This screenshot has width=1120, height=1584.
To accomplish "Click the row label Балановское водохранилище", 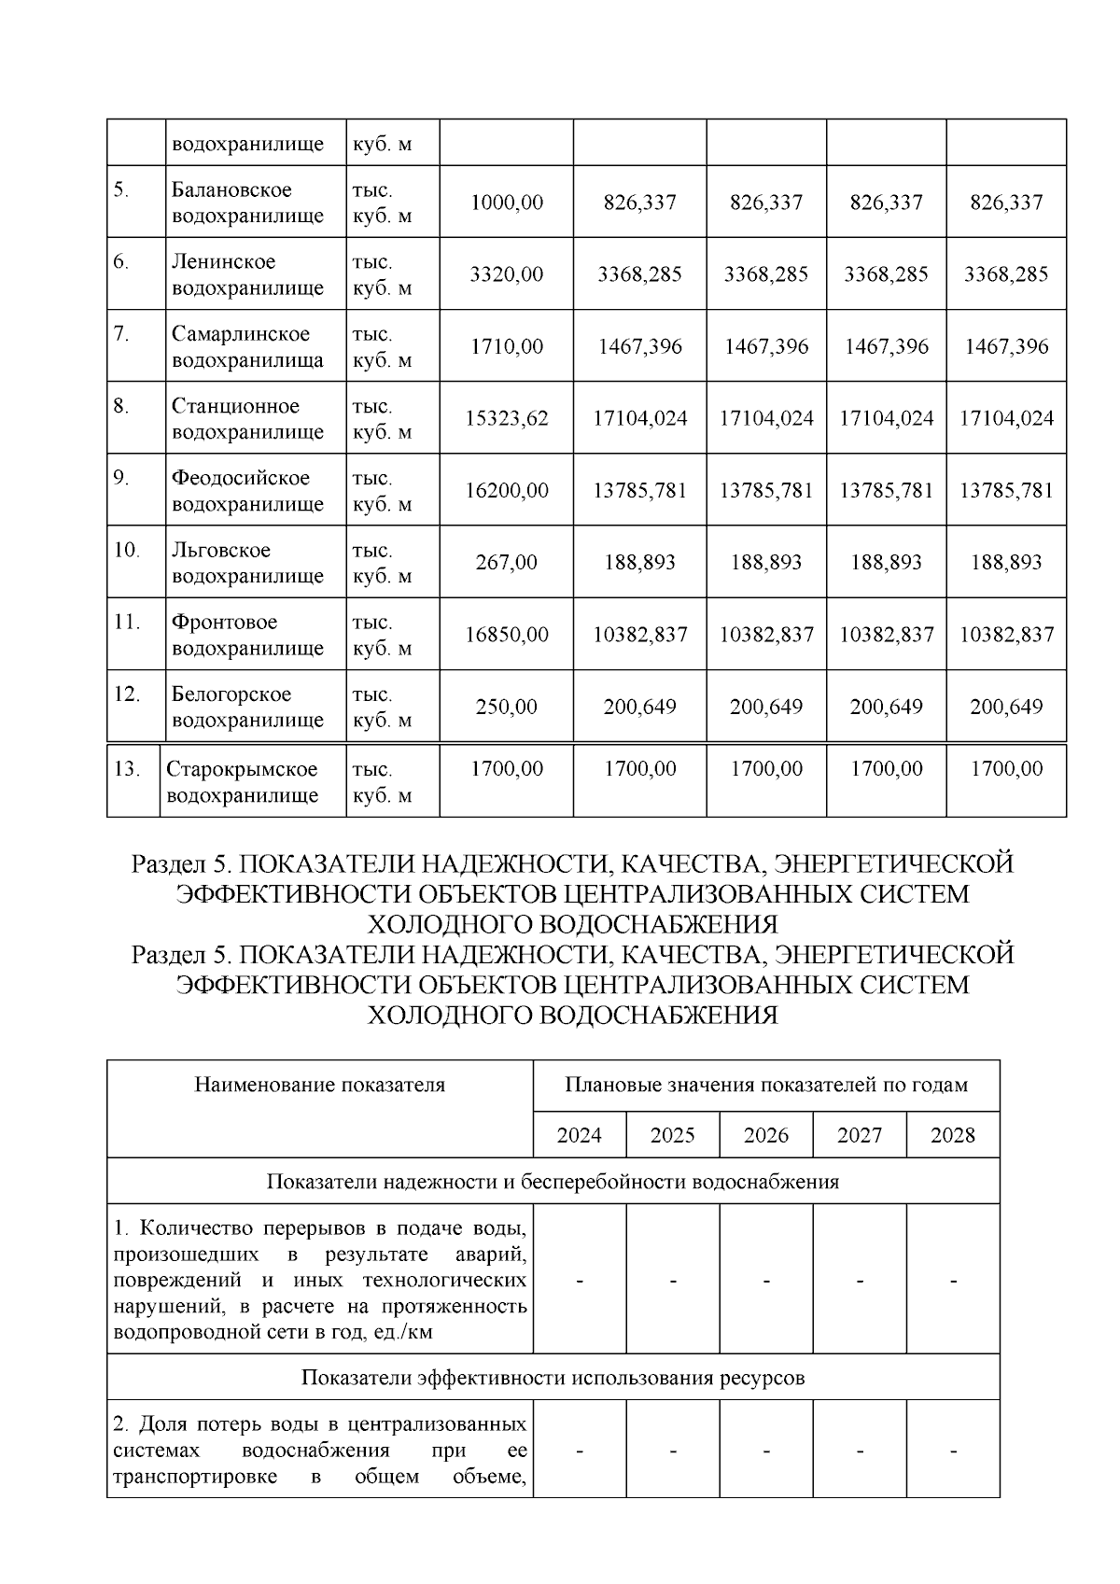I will coord(247,203).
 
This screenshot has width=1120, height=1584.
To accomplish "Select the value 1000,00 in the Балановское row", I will coord(506,203).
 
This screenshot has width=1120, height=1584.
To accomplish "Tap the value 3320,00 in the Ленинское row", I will coord(506,274).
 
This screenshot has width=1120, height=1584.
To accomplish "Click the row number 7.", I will coord(121,334).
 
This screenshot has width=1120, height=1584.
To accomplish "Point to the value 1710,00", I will coord(506,346).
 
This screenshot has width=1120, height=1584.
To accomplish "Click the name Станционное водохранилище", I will coord(247,418).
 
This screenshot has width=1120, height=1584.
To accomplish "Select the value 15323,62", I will coord(506,418).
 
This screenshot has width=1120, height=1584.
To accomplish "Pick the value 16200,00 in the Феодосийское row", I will coord(506,490).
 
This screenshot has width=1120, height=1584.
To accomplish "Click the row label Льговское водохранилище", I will coord(247,563).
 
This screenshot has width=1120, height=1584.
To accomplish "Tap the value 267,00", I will coord(506,562).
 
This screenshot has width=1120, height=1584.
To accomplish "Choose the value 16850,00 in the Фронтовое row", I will coord(506,635).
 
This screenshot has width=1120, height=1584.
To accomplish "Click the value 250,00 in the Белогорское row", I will coord(506,707).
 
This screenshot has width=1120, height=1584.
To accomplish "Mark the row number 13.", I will coord(126,769).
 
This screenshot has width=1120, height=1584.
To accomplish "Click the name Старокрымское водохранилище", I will coord(242,782).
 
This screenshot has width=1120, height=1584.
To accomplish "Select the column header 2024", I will coord(579,1135).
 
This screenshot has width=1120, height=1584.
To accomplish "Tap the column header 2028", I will coord(952,1135).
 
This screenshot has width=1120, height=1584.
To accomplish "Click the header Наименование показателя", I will coord(319,1085).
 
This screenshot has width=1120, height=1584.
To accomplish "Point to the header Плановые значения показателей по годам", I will coord(765,1085).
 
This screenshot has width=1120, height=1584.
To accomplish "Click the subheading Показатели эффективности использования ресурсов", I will coord(553,1378).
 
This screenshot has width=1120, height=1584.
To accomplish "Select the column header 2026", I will coord(765,1135).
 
